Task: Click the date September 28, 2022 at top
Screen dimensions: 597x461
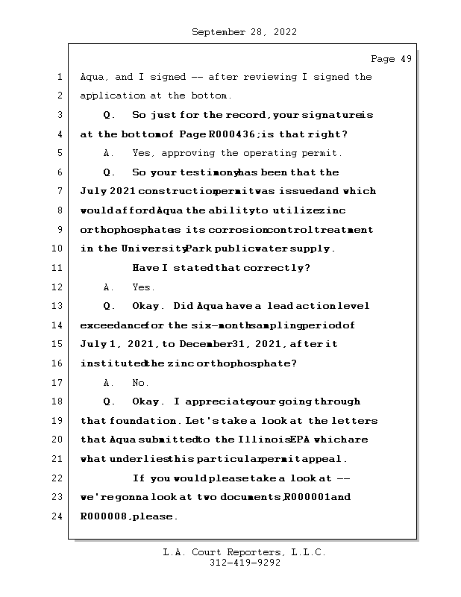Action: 244,32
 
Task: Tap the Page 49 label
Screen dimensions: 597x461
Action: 391,59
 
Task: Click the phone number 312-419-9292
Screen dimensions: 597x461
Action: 245,563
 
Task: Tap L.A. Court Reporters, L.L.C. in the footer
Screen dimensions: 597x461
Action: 245,552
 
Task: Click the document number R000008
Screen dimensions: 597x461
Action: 105,516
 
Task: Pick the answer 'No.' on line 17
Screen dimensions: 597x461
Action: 140,383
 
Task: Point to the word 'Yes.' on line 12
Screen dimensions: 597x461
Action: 143,287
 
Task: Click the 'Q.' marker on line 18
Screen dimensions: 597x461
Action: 110,401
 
